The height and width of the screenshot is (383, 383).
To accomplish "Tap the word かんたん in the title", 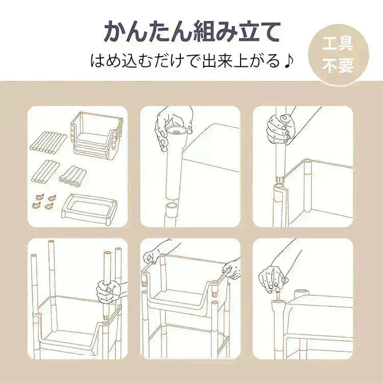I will (x=147, y=31).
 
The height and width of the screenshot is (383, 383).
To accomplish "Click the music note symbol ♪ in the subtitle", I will (x=289, y=61).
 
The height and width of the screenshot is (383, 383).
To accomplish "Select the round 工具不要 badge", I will (x=338, y=54).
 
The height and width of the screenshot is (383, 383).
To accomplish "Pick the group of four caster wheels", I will (x=44, y=202).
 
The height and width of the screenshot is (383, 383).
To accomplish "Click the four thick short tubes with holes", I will (x=71, y=177).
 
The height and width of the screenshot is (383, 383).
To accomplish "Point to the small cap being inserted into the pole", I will (x=278, y=295).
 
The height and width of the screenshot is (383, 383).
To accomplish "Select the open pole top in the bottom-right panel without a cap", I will (x=300, y=294).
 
